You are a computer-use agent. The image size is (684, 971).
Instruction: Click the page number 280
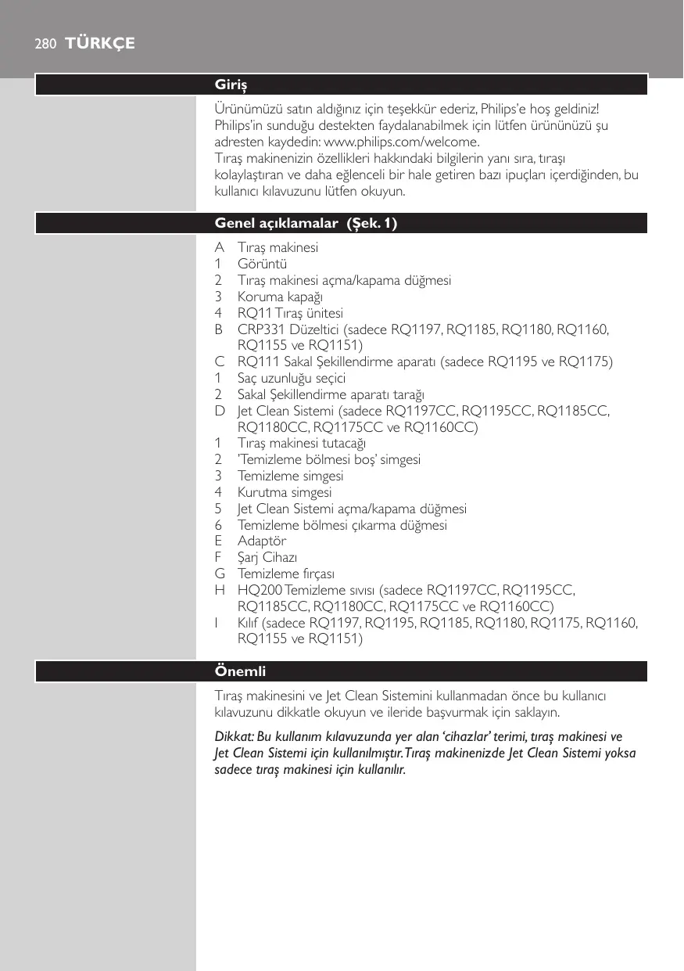[x=45, y=44]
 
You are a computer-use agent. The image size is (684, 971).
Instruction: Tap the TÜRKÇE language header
[x=101, y=44]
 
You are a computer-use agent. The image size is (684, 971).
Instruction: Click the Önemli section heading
[x=241, y=671]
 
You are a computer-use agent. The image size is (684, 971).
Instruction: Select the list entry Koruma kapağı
[x=280, y=297]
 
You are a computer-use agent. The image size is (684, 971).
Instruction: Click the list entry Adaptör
[x=262, y=541]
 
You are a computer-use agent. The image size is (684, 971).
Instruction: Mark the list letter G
[x=220, y=574]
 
